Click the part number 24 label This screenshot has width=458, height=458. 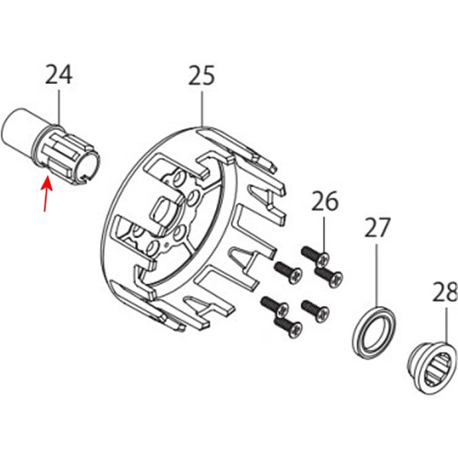[59, 75]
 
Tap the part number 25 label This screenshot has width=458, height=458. [202, 75]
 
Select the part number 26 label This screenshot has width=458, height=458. [325, 201]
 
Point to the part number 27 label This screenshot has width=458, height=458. [377, 227]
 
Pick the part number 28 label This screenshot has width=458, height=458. [445, 292]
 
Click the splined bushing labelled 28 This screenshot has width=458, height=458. [433, 369]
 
